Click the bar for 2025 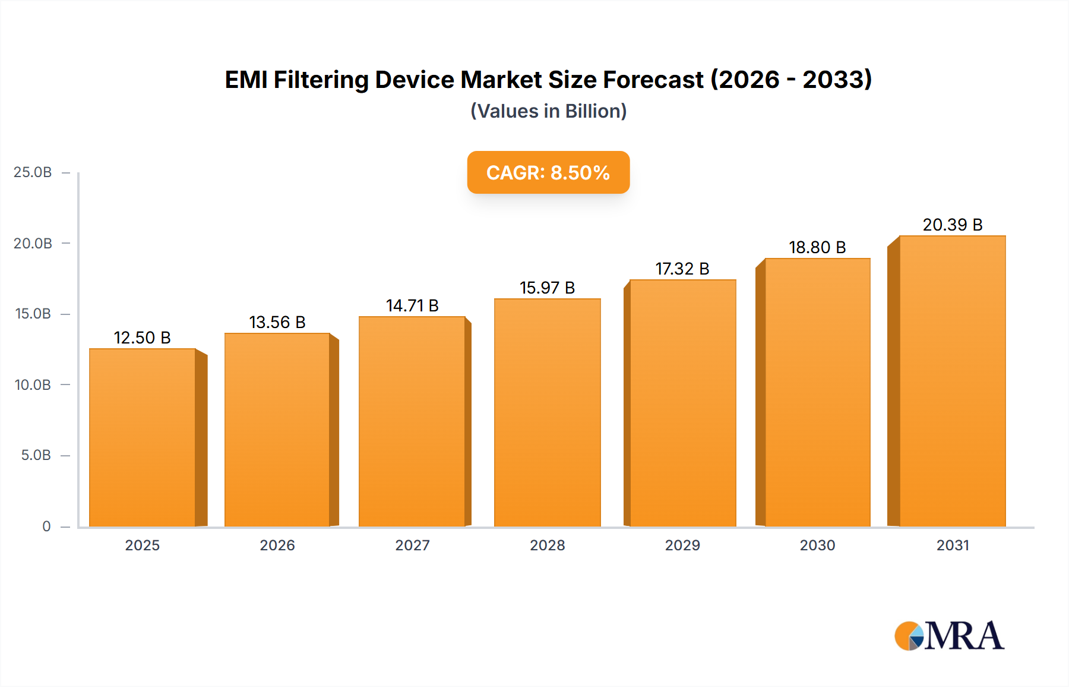143,437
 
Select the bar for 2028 547,412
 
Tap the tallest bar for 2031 952,381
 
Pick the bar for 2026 277,430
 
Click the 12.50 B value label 142,338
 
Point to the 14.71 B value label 412,305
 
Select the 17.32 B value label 682,269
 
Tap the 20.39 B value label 952,225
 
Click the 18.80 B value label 817,247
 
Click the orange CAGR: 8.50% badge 548,172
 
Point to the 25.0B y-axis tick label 33,172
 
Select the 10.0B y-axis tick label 33,385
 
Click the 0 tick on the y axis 46,527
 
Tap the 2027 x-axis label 412,545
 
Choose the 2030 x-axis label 817,545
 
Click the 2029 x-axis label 682,545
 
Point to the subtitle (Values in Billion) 548,111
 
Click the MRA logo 949,636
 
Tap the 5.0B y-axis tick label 36,455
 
